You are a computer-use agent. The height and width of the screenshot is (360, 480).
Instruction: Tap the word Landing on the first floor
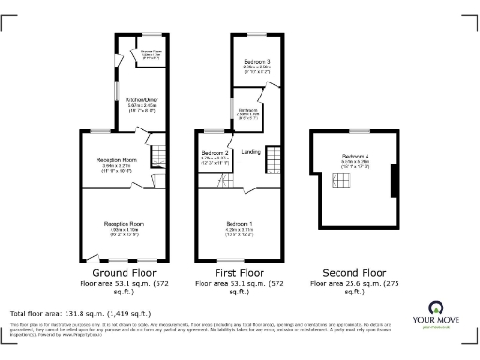250,151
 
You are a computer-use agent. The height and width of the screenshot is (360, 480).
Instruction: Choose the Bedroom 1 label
239,223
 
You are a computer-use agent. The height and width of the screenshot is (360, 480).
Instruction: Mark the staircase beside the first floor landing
274,157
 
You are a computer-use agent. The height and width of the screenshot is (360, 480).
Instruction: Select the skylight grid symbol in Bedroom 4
350,184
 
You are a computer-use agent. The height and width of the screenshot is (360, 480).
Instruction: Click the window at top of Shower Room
148,36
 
